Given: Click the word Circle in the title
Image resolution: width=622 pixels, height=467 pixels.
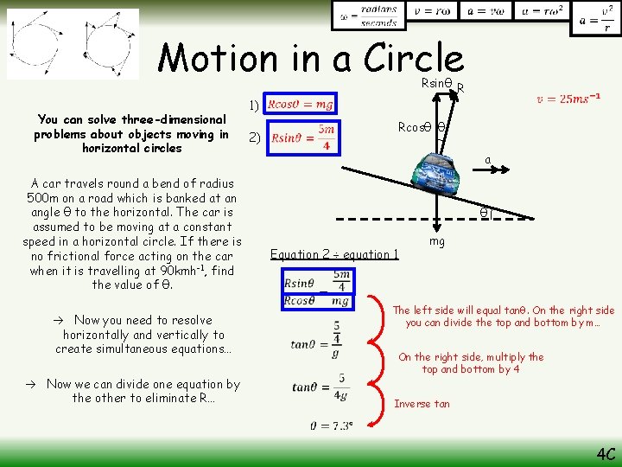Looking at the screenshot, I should point(414,59).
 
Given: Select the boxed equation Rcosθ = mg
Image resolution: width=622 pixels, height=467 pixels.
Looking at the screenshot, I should point(301,104).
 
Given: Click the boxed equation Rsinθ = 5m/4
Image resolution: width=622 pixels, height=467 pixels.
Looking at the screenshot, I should point(301,137).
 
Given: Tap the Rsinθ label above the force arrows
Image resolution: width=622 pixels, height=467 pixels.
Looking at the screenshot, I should point(436,83).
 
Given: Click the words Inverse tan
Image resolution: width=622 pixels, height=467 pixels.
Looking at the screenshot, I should point(423,404).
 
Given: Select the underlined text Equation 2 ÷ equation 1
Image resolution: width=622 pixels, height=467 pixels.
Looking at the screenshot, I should point(334,254).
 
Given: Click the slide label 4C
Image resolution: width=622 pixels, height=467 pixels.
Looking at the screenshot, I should point(604,453).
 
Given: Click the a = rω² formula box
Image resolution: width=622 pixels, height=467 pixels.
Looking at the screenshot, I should point(542,11).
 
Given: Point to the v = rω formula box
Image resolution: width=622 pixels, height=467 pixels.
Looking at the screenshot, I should point(435,11).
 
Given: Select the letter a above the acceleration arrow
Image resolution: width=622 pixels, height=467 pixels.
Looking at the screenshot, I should point(487,160).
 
